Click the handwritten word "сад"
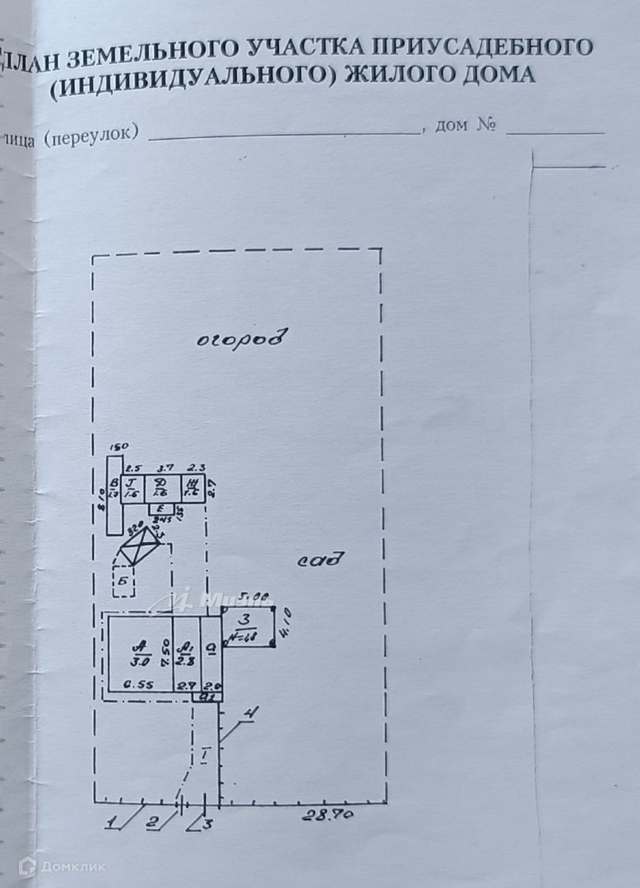(320, 562)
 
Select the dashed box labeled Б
(125, 580)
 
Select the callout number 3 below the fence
(207, 823)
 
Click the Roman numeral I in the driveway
(205, 753)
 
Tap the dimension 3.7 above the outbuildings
(165, 468)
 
